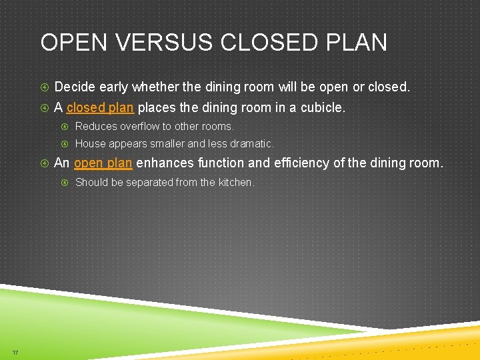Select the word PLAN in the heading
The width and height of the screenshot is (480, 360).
pyautogui.click(x=358, y=43)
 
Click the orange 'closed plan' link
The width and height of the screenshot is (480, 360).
pyautogui.click(x=100, y=107)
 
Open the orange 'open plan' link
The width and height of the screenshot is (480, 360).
pyautogui.click(x=103, y=163)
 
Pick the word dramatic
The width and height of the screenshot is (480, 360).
pyautogui.click(x=253, y=143)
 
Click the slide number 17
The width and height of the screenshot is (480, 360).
pyautogui.click(x=15, y=352)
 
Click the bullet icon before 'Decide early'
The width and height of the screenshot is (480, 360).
pyautogui.click(x=44, y=87)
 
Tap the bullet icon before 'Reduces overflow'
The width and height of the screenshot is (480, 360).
pyautogui.click(x=65, y=126)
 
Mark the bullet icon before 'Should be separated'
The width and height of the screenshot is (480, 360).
pyautogui.click(x=65, y=182)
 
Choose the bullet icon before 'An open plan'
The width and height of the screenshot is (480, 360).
pyautogui.click(x=44, y=163)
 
